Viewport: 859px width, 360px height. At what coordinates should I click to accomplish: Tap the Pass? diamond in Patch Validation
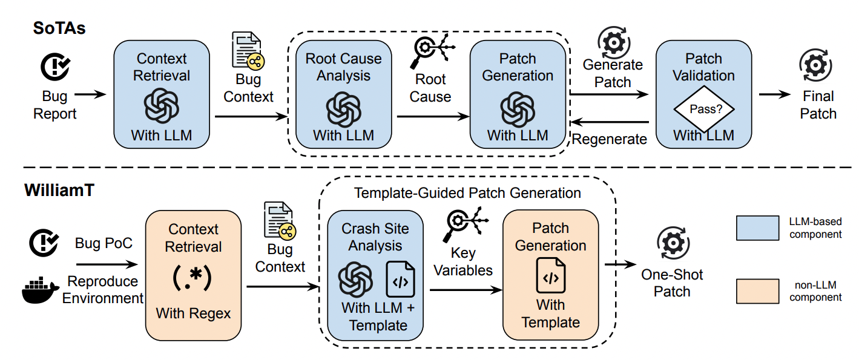point(704,109)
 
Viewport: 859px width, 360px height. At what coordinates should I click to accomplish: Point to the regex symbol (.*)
point(194,277)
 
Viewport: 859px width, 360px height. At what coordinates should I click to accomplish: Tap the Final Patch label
point(818,105)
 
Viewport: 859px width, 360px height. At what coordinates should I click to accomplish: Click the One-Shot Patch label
point(672,283)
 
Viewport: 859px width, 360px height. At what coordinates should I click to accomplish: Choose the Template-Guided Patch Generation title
point(467,193)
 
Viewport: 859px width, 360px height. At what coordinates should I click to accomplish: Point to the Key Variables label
point(463,261)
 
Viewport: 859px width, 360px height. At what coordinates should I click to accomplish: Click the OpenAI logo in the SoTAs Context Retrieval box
point(162,105)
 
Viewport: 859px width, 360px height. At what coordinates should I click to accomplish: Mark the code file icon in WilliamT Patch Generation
point(551,276)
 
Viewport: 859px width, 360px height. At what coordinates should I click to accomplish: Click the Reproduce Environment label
point(103,289)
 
